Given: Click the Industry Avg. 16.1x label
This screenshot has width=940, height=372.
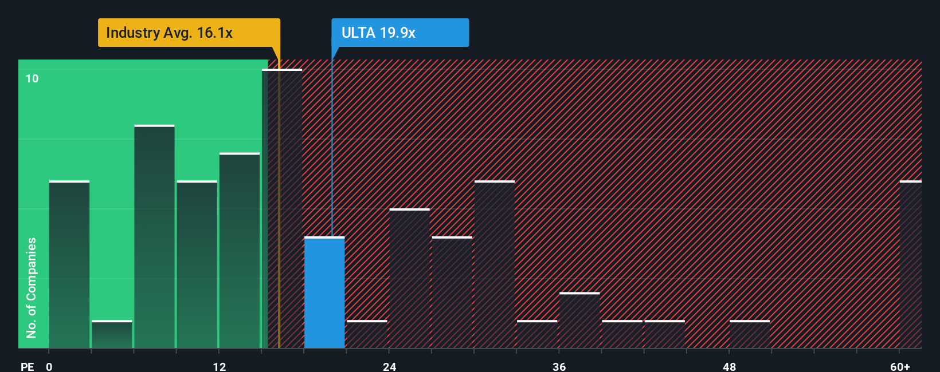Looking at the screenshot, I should [x=170, y=33].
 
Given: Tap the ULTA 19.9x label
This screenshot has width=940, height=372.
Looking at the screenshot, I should [x=378, y=33].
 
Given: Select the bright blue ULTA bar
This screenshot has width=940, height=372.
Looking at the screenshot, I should [x=324, y=292].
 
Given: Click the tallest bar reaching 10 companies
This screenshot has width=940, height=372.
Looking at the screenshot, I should [x=282, y=209].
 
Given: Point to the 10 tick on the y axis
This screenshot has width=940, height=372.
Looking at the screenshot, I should [x=32, y=78].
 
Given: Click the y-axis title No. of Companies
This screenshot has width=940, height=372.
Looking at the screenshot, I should [x=32, y=287].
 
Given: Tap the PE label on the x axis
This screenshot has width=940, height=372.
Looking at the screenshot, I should [x=27, y=366].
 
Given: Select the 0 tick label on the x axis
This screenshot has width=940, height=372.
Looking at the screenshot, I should [x=49, y=366].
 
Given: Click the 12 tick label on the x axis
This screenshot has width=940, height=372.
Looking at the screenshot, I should [x=220, y=366].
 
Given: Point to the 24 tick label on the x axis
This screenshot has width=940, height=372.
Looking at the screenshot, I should [x=390, y=366].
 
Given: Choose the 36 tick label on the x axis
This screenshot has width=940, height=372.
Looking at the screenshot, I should [x=559, y=366].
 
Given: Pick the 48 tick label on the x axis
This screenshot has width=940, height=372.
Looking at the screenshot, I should [x=729, y=366].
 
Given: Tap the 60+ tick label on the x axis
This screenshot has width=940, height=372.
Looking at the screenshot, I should [x=900, y=366].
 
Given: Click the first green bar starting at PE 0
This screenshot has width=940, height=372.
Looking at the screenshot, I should [x=69, y=264].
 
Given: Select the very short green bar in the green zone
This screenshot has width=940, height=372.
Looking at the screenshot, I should [x=112, y=334].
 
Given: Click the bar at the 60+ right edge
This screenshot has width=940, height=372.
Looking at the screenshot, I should [x=910, y=264].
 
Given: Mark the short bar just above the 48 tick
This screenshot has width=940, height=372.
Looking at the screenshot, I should [x=750, y=334].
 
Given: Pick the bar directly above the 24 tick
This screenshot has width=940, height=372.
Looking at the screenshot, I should [x=409, y=279].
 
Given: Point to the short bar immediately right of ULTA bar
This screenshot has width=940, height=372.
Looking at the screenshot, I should [x=367, y=334].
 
